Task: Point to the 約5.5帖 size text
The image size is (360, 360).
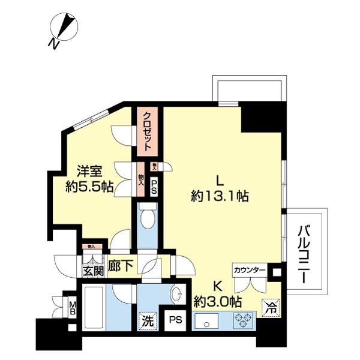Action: click(x=90, y=187)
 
